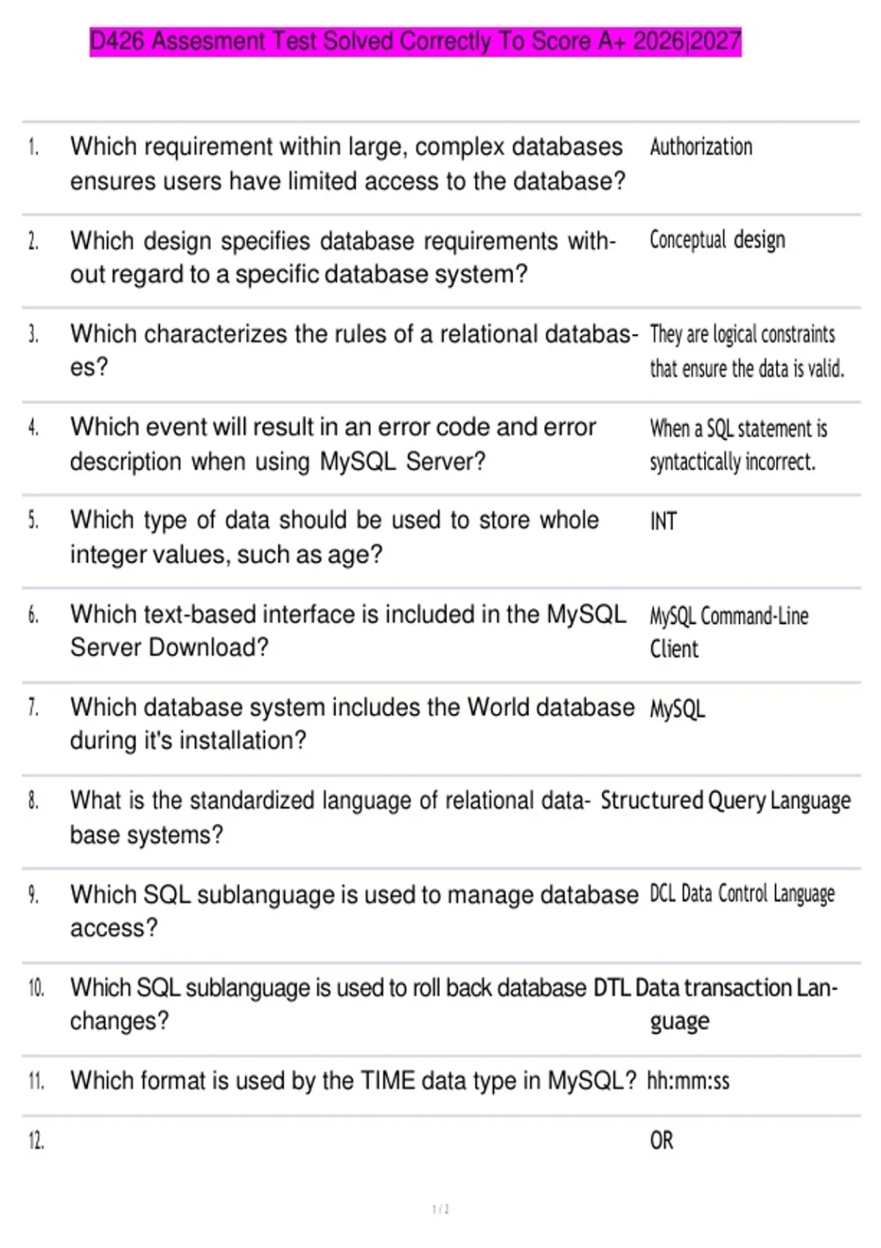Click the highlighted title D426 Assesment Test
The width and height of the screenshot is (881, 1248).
[415, 41]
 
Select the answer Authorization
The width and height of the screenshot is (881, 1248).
[700, 147]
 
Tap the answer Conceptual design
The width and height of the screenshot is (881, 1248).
[717, 240]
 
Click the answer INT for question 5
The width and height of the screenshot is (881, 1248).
[663, 521]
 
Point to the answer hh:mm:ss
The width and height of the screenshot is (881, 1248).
[688, 1081]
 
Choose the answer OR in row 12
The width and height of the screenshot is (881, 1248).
[661, 1140]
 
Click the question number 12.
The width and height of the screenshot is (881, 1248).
[36, 1141]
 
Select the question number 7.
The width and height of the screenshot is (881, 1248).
[33, 707]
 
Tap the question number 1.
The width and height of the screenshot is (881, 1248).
[33, 147]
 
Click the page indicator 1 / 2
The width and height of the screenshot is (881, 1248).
[440, 1208]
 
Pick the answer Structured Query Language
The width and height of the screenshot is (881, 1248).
[725, 800]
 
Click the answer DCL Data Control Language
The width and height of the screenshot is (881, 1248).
[742, 893]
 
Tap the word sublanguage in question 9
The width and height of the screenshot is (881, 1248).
[264, 894]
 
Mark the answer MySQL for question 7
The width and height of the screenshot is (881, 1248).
[677, 709]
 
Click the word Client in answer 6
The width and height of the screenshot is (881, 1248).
[674, 649]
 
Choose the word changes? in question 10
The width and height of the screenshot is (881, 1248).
[119, 1021]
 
